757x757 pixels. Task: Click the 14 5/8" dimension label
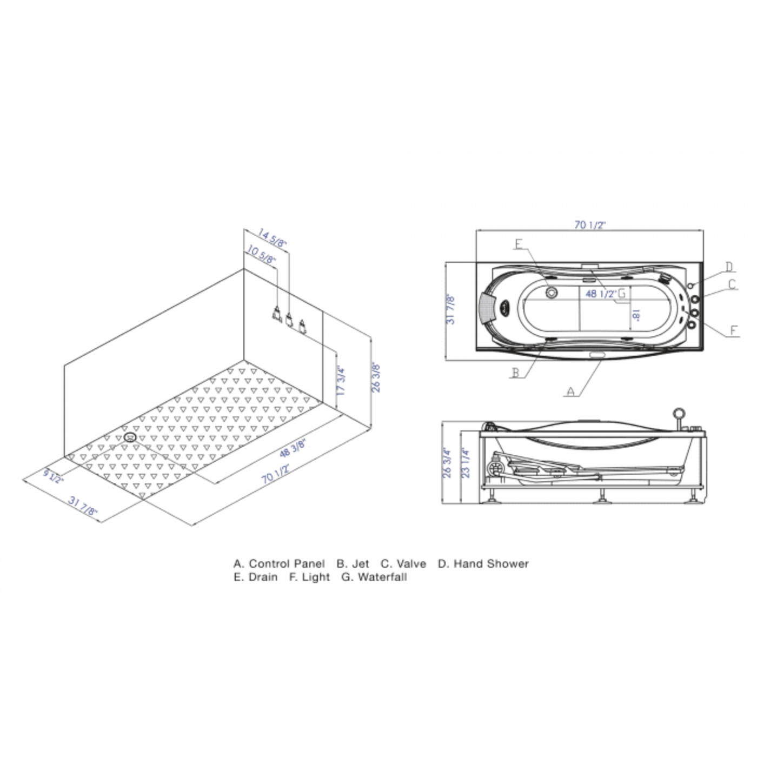pos(272,238)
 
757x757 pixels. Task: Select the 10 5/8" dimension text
pos(262,254)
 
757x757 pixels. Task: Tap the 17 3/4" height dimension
pos(341,381)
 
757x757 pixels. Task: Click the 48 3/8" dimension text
pos(293,448)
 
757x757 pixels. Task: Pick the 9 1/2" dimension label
pos(54,476)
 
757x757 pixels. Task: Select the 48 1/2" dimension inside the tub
pos(601,294)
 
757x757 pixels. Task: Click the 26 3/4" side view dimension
pos(447,462)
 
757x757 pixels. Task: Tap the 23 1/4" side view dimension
pos(466,462)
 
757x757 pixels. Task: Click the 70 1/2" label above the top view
pos(589,225)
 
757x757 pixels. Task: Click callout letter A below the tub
pos(570,391)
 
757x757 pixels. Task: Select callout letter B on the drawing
pos(516,373)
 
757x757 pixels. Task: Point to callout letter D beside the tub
pos(729,267)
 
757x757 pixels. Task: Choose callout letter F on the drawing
pos(734,330)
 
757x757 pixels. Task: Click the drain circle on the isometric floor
pos(130,437)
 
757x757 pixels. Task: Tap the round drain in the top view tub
pos(551,293)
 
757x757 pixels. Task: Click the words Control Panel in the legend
pos(287,563)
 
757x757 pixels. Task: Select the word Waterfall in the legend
pos(382,577)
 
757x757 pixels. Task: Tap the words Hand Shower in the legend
pos(491,563)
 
